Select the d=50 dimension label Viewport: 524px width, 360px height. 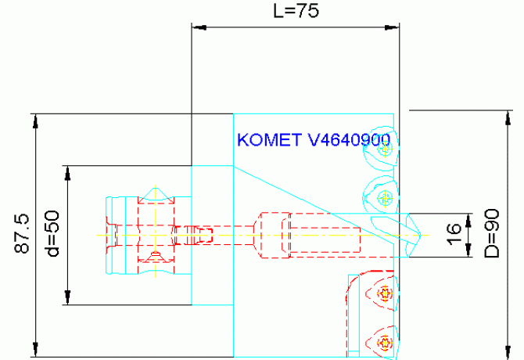point(52,236)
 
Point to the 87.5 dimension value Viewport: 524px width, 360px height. point(22,234)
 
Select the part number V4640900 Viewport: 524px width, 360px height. point(349,140)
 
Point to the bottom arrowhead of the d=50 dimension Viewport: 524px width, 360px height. point(68,298)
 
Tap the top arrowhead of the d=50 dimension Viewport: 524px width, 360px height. point(68,173)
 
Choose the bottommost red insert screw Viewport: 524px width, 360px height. point(383,342)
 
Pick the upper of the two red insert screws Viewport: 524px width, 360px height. point(383,294)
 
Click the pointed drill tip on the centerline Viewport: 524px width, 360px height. point(422,234)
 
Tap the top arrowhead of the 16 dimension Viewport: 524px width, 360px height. point(467,220)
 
